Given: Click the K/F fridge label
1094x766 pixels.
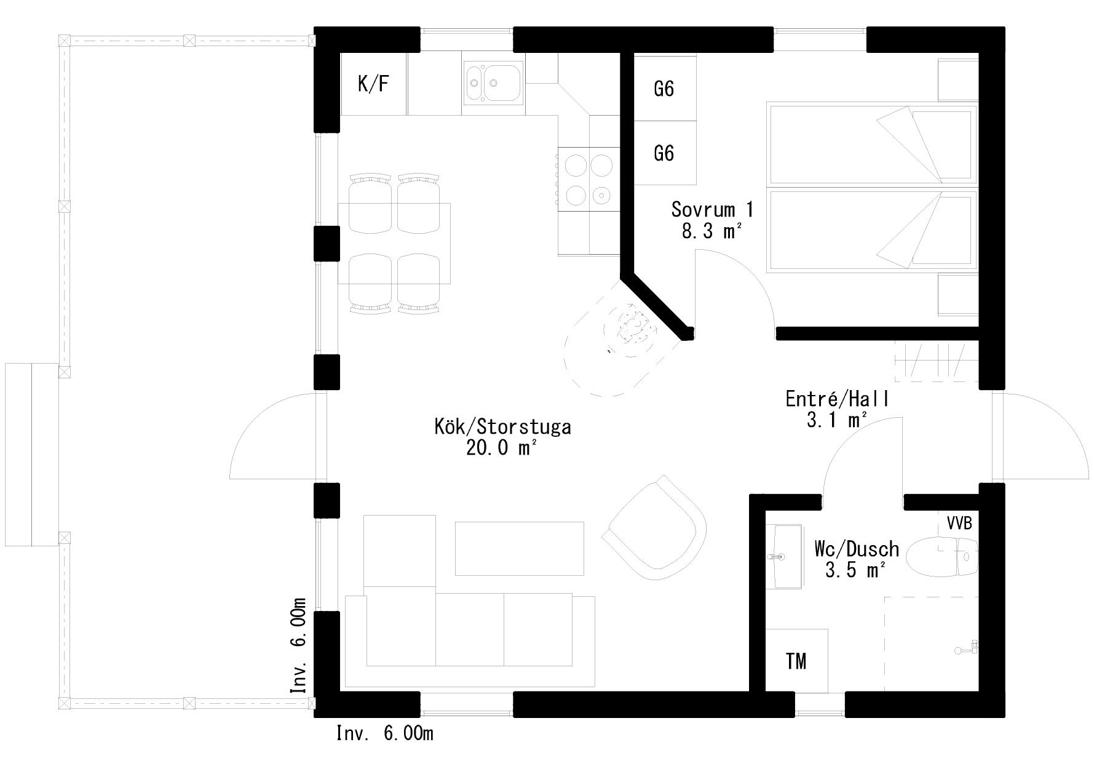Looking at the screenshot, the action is (x=373, y=84).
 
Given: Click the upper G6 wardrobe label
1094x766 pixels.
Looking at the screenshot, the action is (x=664, y=89).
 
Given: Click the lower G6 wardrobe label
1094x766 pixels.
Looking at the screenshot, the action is (x=664, y=152).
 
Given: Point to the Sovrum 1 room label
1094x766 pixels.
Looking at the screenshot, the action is (x=712, y=209).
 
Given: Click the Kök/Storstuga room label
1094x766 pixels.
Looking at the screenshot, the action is (x=502, y=426).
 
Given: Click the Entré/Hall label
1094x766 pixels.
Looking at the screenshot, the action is (x=838, y=399).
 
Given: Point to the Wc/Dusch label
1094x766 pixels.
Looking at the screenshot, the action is (x=857, y=548).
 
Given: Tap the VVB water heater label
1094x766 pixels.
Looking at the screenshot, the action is (x=959, y=523).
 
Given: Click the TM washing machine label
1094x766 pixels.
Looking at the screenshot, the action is (x=796, y=661).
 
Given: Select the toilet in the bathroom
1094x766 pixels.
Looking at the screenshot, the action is (x=943, y=557).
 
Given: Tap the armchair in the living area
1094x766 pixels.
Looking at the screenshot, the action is (x=656, y=527).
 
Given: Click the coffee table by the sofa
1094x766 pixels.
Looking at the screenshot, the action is (x=519, y=548).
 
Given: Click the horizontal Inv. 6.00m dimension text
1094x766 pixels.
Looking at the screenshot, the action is (x=385, y=733).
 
